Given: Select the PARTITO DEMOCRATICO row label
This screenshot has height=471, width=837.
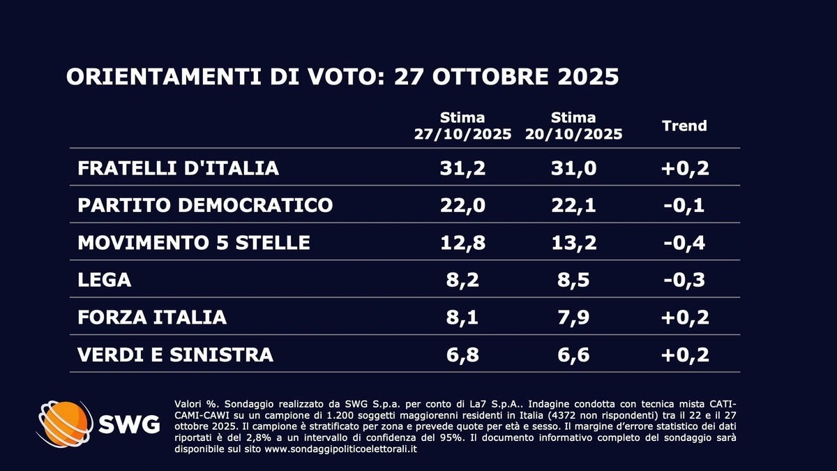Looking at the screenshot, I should coord(206,205).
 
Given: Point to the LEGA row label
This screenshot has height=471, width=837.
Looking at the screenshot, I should coord(105,280).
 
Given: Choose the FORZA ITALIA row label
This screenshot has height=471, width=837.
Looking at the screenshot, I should coord(152,317).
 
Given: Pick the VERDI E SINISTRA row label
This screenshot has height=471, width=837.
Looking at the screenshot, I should coord(175,354).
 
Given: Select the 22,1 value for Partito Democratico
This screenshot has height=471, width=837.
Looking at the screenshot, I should coord(573,205).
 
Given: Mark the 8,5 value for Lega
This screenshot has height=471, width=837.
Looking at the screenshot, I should coord(573,280).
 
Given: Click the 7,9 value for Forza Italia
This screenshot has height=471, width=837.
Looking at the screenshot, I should coord(573,317).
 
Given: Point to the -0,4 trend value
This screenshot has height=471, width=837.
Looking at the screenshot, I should coord(684,243).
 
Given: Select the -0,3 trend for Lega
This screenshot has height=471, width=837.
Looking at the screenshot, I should coord(684,280).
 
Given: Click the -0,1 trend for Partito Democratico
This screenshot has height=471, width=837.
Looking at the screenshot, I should coord(684,205).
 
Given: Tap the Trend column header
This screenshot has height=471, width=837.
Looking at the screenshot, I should coord(684,126).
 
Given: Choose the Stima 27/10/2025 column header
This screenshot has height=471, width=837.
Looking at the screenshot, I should coord(462,126).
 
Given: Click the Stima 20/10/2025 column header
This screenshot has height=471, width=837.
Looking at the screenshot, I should coord(573,126).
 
